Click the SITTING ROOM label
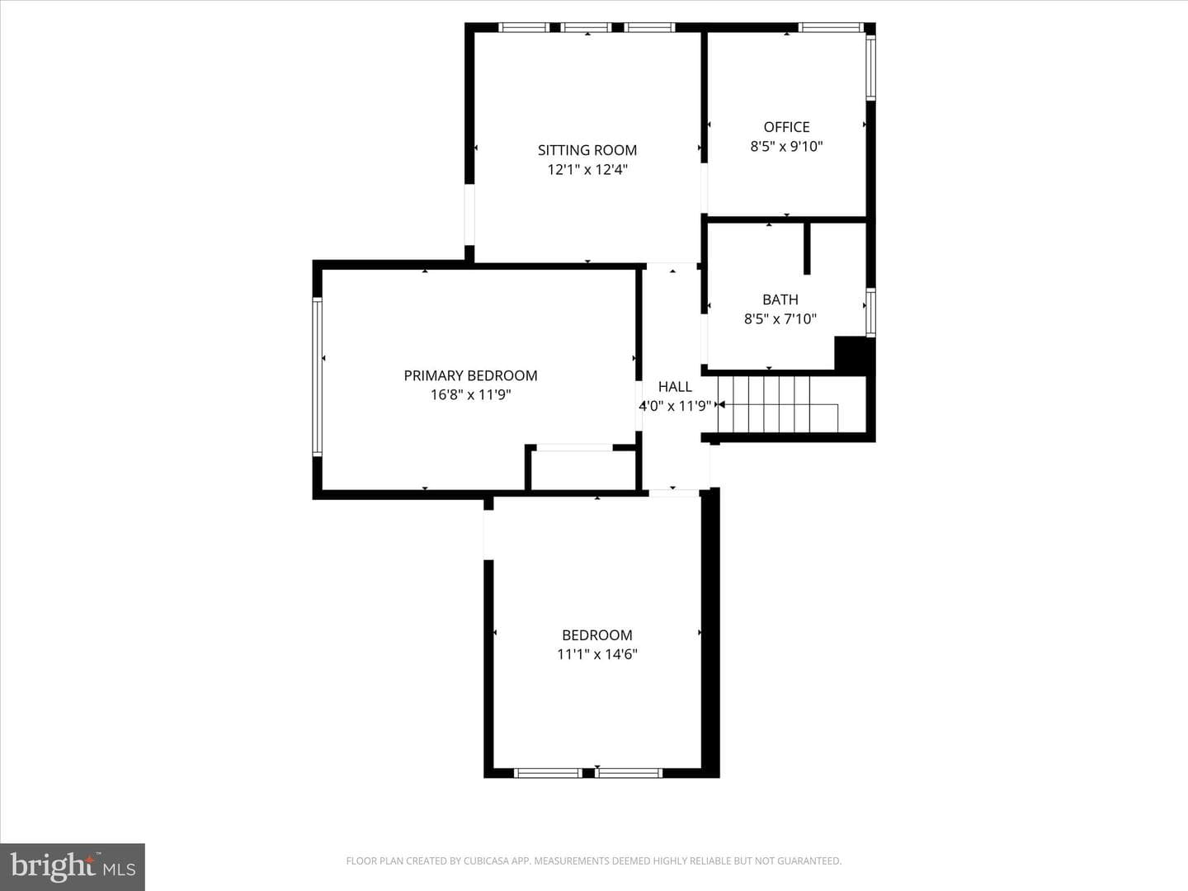point(587,150)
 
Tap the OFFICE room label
point(786,127)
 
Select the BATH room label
point(780,299)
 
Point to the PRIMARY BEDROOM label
point(470,375)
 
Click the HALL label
point(675,387)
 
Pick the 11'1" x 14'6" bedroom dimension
point(597,654)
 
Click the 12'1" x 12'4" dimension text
point(587,170)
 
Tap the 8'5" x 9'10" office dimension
point(786,147)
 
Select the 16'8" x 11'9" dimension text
point(470,395)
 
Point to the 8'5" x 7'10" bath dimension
point(780,319)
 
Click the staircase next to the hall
point(778,404)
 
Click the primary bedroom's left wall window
point(318,376)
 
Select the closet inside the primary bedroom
point(583,469)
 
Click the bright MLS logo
point(73,866)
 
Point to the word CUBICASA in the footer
point(483,861)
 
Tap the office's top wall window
point(831,27)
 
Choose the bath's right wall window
point(870,313)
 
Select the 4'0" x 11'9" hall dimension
point(675,406)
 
